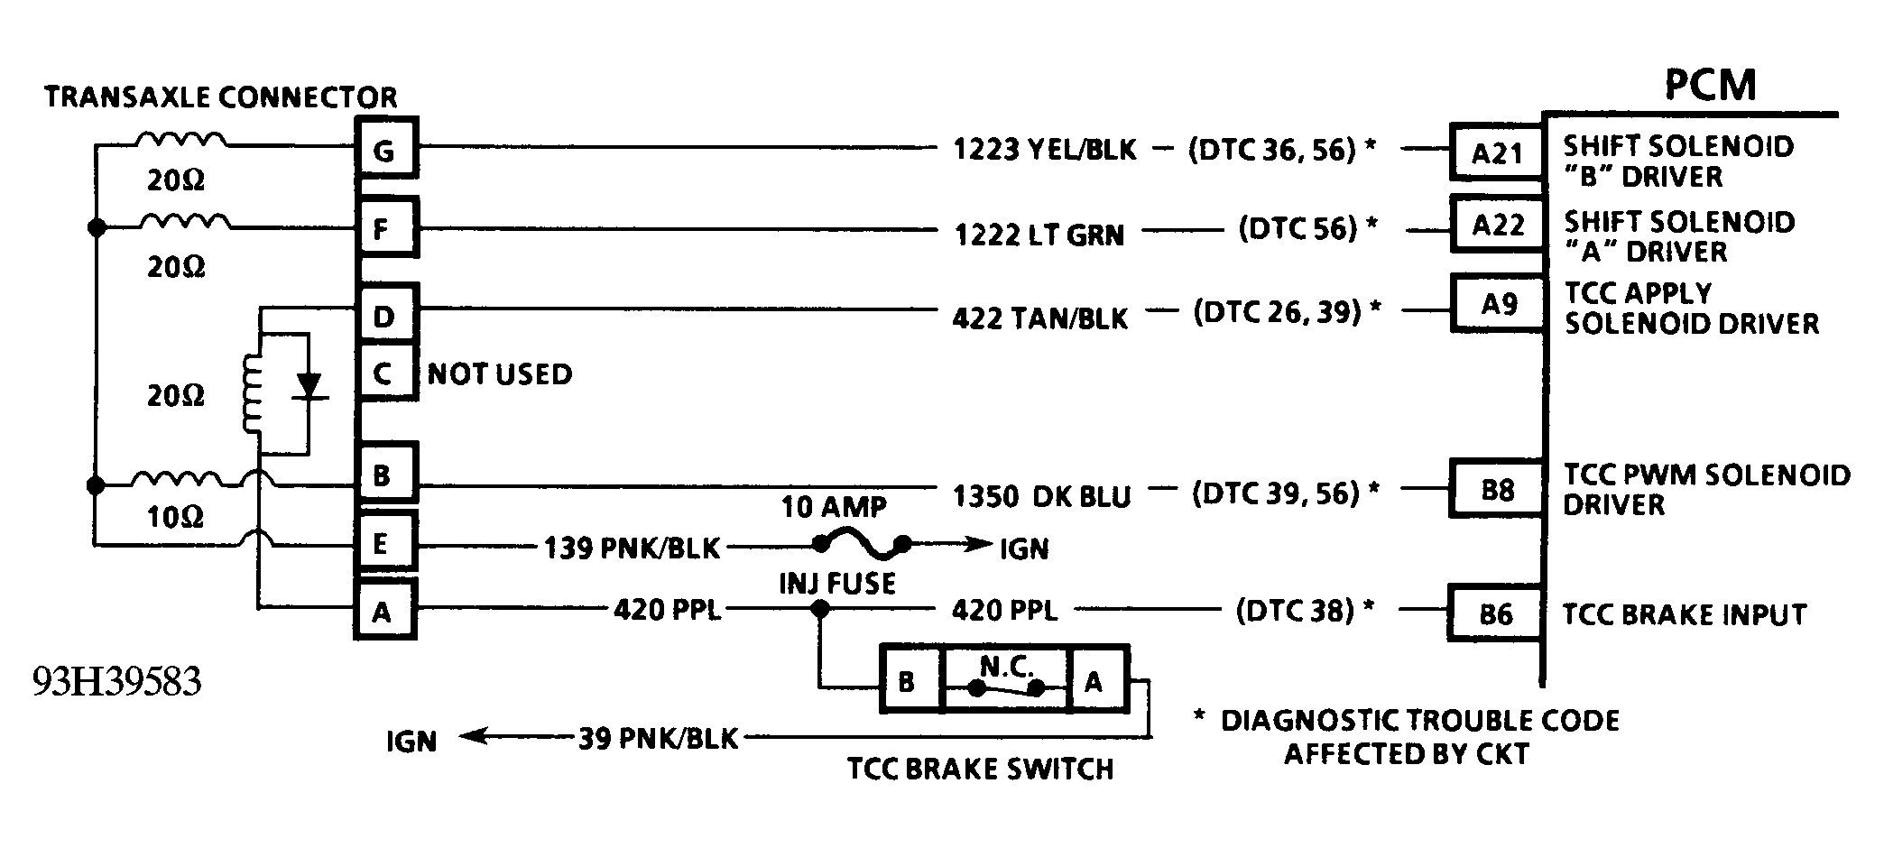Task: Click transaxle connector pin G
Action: (386, 149)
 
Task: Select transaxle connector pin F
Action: (386, 227)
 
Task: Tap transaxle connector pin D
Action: (386, 315)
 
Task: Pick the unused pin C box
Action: (386, 372)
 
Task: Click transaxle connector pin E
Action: (386, 544)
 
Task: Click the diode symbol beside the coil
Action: (310, 386)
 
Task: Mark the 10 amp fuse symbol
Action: (862, 544)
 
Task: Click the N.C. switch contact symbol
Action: (1006, 688)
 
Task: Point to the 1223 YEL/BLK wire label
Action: (1045, 149)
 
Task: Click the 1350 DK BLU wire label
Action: (1041, 495)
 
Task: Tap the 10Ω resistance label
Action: (175, 517)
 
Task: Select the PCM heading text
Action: (1710, 85)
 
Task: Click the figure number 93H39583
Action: (116, 682)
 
